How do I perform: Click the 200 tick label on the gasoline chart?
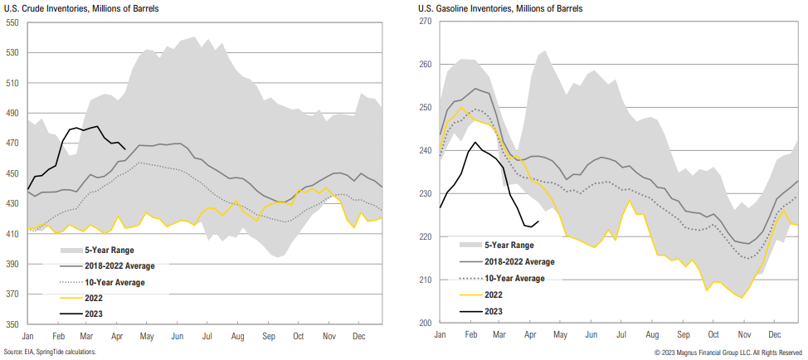426,324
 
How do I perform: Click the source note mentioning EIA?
51,353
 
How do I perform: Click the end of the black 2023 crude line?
124,149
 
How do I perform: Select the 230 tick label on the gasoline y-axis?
426,194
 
